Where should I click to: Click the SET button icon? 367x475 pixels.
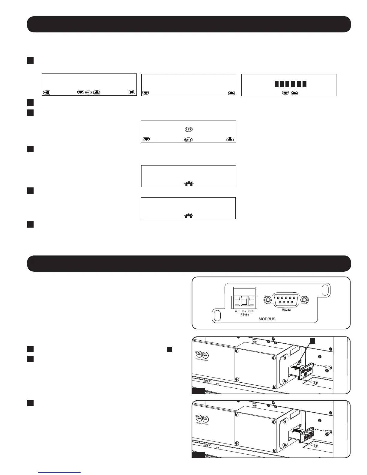pos(188,129)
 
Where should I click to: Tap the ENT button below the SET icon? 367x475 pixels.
pos(188,139)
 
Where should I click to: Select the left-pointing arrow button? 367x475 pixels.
pos(46,92)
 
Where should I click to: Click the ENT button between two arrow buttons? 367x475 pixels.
pos(88,92)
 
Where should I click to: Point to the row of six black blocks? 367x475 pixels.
pos(290,84)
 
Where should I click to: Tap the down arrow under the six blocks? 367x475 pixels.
pos(285,93)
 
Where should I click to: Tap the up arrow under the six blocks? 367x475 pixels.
pos(294,93)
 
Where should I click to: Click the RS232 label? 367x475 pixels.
pos(286,310)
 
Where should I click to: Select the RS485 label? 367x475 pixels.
pos(244,315)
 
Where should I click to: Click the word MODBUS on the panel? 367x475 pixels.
pos(267,319)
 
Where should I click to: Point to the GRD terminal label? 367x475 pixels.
pos(251,311)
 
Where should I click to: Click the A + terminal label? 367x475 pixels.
pos(237,311)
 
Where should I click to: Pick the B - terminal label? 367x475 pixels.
pos(244,311)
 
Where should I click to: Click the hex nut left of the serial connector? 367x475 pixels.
pos(267,300)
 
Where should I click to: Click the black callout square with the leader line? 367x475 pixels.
pos(312,341)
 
